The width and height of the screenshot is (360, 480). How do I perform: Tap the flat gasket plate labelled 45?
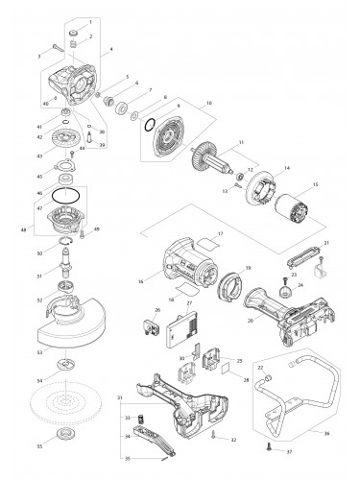[68, 176]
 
